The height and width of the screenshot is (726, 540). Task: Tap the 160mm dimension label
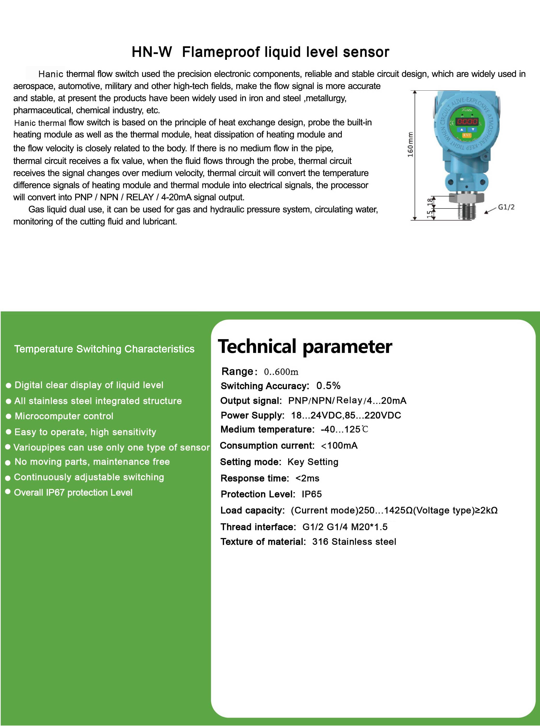(x=410, y=145)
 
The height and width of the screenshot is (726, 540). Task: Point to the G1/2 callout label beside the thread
(x=506, y=207)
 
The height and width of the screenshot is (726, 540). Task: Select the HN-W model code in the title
(x=152, y=52)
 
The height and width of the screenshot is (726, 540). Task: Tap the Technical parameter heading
(x=305, y=347)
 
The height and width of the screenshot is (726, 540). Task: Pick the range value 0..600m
(x=281, y=372)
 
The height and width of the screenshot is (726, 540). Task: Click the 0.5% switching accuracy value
(x=328, y=386)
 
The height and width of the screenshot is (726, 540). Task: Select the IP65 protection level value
(x=311, y=494)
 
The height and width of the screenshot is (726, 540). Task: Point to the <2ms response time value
(x=307, y=478)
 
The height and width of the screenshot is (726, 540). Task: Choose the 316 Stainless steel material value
(x=354, y=542)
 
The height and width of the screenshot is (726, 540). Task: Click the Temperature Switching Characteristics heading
(x=104, y=349)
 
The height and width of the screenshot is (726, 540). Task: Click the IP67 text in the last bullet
(x=55, y=492)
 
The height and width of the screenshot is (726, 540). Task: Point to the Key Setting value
(x=313, y=462)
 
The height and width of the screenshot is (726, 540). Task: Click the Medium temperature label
(x=267, y=429)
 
